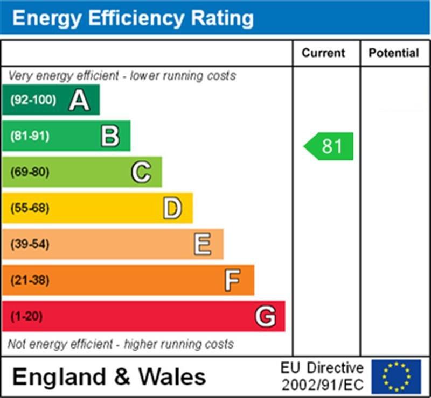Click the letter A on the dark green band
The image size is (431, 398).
pos(79,100)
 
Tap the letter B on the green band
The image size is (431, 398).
pos(110,136)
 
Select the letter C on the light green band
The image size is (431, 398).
pos(141,172)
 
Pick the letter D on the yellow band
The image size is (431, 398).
pos(172,208)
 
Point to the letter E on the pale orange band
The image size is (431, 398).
pos(203,244)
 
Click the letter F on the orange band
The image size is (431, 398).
pos(233,280)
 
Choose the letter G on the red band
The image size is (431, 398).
pos(266,316)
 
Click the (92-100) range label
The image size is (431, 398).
pos(33,100)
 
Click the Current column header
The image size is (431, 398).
pos(323,53)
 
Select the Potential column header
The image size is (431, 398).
pos(394,53)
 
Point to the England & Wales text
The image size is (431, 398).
pos(109,376)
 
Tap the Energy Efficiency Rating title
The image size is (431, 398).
pos(133,18)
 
